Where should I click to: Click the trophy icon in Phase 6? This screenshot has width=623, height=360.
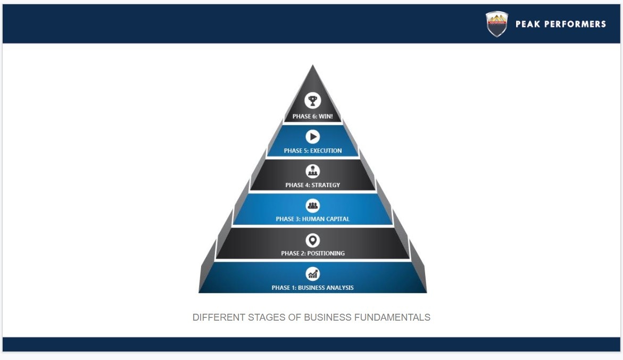coord(312,100)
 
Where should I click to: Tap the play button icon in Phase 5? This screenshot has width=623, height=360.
coord(312,137)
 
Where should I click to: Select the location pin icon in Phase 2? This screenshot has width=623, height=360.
coord(312,240)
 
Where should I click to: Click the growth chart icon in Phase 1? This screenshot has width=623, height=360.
coord(312,274)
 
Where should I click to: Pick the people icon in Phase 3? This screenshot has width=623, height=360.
coord(312,205)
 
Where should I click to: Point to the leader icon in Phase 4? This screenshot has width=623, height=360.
coord(312,171)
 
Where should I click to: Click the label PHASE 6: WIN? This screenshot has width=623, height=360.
coord(312,116)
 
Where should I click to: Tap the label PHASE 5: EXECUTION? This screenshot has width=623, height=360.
coord(312,151)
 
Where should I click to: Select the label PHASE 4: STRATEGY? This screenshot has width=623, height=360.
coord(312,185)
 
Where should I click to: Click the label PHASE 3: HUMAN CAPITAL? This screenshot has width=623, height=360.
coord(312,219)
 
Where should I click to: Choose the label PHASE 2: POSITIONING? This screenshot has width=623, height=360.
coord(312,254)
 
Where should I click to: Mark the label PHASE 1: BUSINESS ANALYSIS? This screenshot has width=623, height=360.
coord(312,288)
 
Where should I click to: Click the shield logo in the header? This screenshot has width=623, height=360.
coord(496,24)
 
